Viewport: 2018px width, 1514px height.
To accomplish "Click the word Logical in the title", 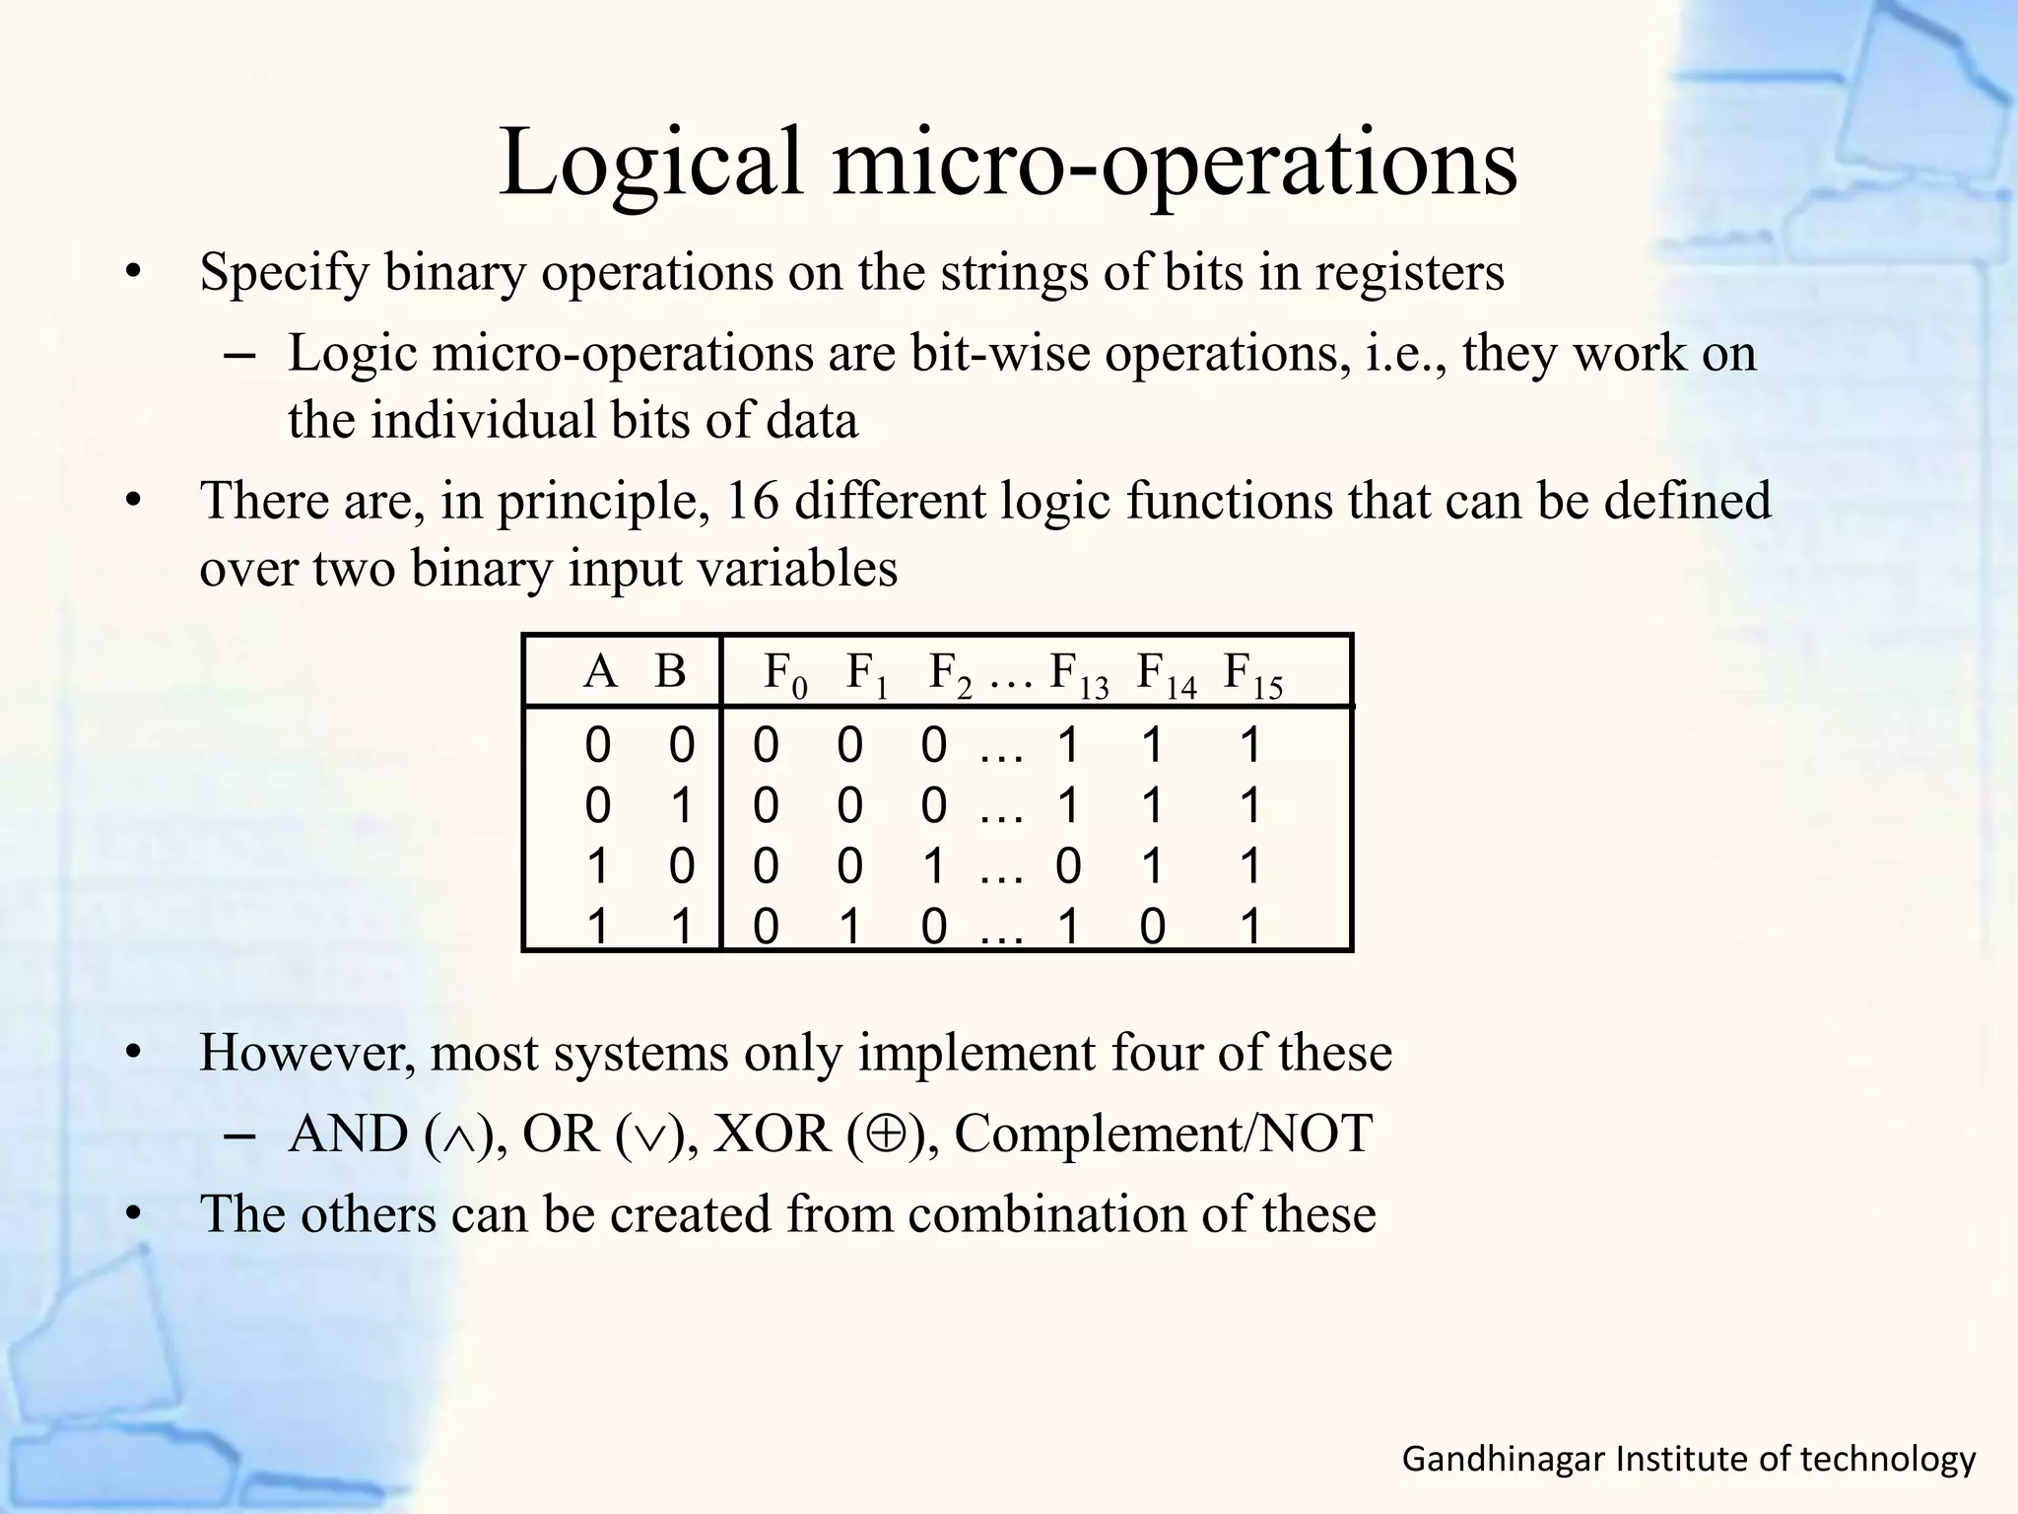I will [x=652, y=163].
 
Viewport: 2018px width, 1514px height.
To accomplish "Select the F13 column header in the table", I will [x=1080, y=675].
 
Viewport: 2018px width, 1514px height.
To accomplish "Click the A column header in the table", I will [x=599, y=672].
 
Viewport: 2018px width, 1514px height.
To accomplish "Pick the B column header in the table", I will [x=670, y=672].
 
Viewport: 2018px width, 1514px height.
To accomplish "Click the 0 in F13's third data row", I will [x=1068, y=867].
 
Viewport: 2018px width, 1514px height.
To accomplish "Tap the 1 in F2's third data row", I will [x=934, y=867].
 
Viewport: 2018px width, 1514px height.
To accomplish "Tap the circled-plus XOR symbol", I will [x=888, y=1135].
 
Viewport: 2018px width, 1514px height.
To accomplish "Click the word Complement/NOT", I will [x=1163, y=1135].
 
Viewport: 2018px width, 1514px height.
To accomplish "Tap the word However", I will [x=306, y=1054].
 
